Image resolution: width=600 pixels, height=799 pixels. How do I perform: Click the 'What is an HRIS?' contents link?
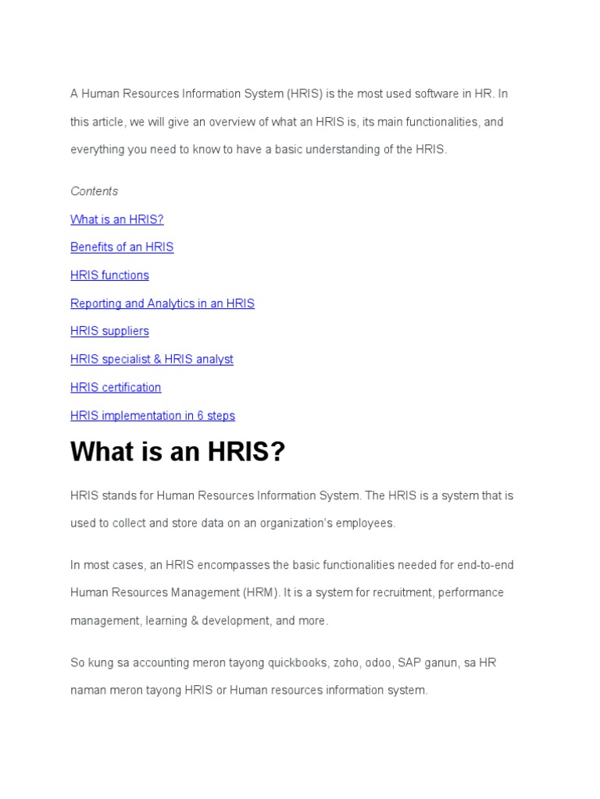[117, 219]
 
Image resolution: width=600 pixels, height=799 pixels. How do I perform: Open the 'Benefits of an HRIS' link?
[122, 247]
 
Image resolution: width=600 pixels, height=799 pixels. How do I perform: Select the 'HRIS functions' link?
[109, 275]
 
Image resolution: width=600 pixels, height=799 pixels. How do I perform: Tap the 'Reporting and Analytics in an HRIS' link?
[162, 304]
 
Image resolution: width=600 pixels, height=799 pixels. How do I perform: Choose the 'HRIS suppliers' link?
[109, 332]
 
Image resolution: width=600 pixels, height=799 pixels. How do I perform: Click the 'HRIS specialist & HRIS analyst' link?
[152, 360]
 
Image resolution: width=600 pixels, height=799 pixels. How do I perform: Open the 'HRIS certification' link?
[116, 388]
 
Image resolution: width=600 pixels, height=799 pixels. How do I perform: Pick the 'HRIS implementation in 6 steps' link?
[152, 416]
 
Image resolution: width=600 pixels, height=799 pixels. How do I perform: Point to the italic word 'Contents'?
[94, 191]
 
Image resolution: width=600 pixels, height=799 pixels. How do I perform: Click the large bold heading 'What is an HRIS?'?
[178, 452]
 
